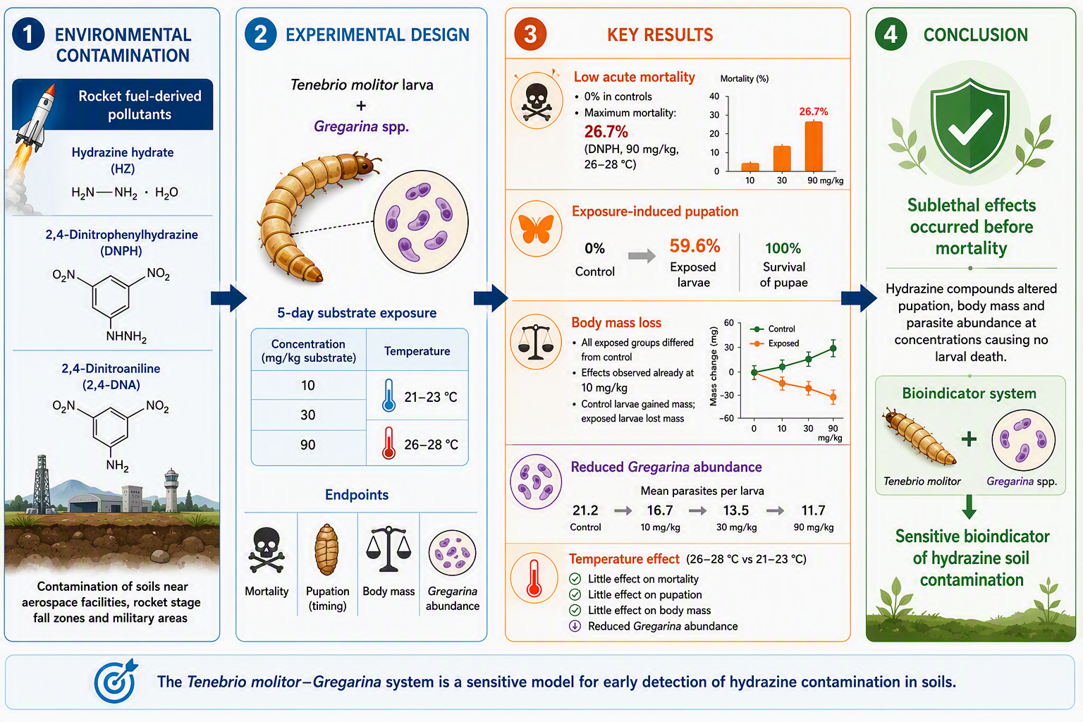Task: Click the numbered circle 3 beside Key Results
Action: pyautogui.click(x=530, y=35)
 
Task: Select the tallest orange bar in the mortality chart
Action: pyautogui.click(x=813, y=146)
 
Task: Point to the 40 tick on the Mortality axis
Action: pyautogui.click(x=714, y=96)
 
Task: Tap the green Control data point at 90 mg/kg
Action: pyautogui.click(x=833, y=348)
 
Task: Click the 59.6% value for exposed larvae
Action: pyautogui.click(x=695, y=245)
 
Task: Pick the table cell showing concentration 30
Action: pyautogui.click(x=308, y=415)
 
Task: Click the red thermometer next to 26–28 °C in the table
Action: pyautogui.click(x=388, y=443)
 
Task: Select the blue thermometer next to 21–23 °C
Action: pyautogui.click(x=388, y=396)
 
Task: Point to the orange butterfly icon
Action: pyautogui.click(x=536, y=228)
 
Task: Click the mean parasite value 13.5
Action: pyautogui.click(x=736, y=510)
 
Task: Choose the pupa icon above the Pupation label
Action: pyautogui.click(x=327, y=550)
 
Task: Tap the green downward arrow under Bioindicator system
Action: pyautogui.click(x=969, y=506)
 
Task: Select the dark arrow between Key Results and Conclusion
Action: pyautogui.click(x=859, y=298)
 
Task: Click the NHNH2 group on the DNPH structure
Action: pyautogui.click(x=126, y=336)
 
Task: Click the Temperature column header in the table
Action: pyautogui.click(x=417, y=351)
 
